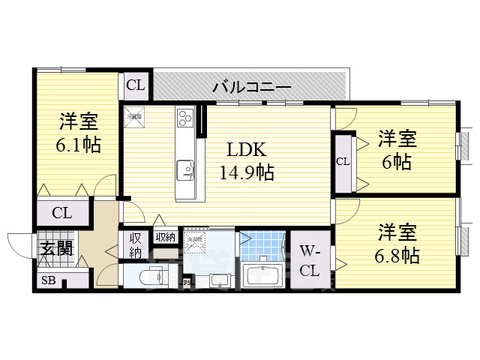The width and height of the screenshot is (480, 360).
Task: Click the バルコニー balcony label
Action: coord(251,87)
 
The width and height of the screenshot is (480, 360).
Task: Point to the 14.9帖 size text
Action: coord(245,173)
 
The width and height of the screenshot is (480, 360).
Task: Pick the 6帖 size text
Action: coord(397,161)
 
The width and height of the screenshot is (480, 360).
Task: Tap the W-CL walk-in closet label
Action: coord(310,260)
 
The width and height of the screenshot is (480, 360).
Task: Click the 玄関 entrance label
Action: coord(57,247)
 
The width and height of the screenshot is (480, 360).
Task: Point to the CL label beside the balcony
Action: coord(136,85)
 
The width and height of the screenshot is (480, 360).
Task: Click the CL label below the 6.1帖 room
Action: coord(61,212)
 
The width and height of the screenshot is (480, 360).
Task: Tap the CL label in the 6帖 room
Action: coord(343,161)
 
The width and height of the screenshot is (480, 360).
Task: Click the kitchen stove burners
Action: coord(185,118)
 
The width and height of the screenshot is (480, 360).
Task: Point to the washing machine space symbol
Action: coord(194,241)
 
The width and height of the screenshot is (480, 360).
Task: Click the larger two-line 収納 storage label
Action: coord(135,245)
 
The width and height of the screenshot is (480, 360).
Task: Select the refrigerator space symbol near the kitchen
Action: coord(136,116)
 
